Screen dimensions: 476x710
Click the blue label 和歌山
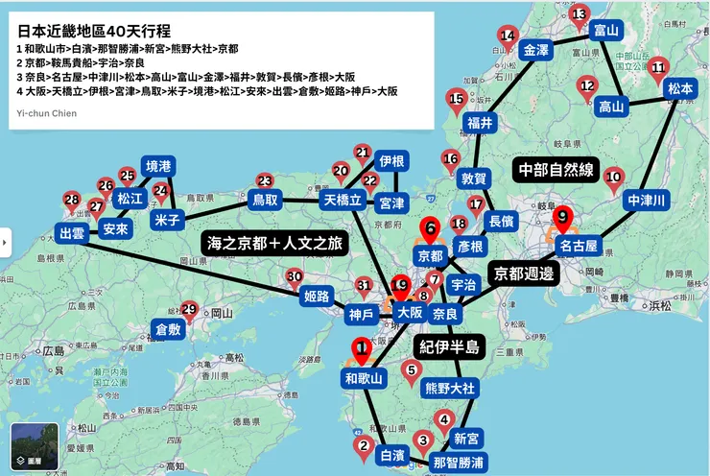tap(364, 379)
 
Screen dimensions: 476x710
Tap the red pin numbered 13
tap(579, 16)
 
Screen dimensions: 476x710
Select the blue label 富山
tap(605, 31)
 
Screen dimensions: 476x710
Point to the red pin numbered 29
tap(189, 311)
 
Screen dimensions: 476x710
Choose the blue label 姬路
tap(319, 295)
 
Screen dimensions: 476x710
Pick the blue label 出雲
tap(72, 233)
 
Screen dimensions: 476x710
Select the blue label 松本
tap(679, 88)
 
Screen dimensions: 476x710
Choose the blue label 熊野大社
tap(450, 388)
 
